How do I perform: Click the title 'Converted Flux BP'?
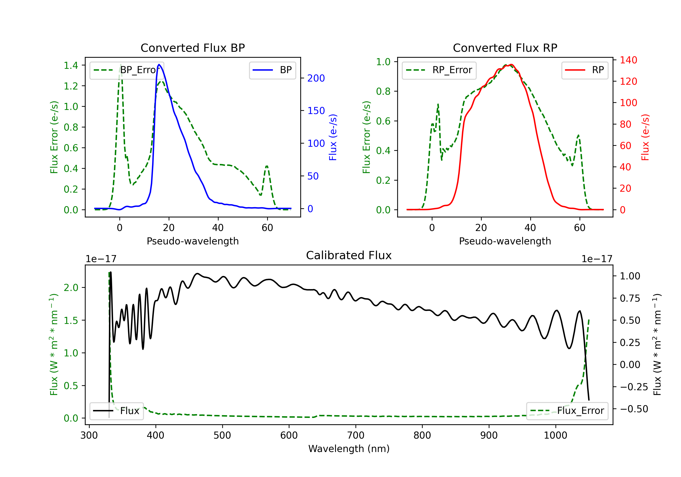tap(192, 48)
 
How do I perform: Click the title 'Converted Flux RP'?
tap(505, 48)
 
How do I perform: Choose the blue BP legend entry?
tap(272, 70)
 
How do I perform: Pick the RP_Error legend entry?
tap(439, 70)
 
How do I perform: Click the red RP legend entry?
tap(584, 70)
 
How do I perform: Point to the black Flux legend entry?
tap(116, 411)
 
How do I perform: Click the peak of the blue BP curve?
tap(159, 65)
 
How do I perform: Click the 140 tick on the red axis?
tap(628, 60)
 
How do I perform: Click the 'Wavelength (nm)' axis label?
tap(349, 449)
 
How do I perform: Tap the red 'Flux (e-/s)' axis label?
tap(645, 137)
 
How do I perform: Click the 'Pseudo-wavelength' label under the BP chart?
tap(192, 241)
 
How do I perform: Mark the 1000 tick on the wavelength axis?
tap(555, 435)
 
